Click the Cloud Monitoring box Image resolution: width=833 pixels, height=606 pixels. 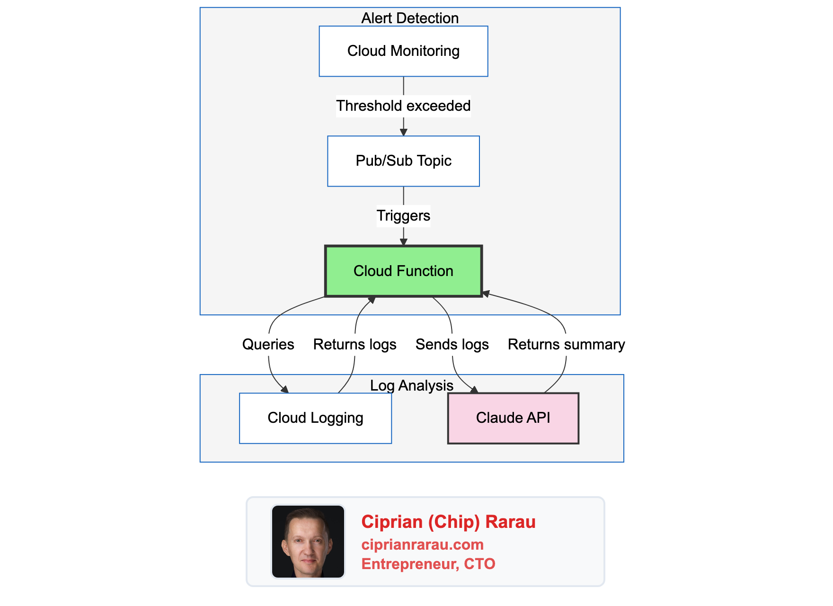(x=403, y=51)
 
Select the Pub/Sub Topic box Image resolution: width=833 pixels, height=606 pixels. (x=403, y=161)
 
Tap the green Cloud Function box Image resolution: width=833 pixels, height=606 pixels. (x=403, y=271)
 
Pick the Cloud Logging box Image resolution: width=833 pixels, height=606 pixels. (x=315, y=418)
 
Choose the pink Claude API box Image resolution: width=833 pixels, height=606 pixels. (x=513, y=418)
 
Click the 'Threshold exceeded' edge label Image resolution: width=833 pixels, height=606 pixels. (x=403, y=106)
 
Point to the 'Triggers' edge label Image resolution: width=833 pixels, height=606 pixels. (x=403, y=216)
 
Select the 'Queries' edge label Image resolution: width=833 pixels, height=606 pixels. (x=268, y=344)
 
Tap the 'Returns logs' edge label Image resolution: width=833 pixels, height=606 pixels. (x=354, y=344)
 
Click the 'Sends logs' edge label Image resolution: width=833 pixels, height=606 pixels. (x=452, y=344)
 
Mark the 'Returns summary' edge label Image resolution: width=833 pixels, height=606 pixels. (x=566, y=344)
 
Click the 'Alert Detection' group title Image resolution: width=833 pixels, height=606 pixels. (x=410, y=18)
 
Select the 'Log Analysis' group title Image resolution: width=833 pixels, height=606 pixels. (x=411, y=385)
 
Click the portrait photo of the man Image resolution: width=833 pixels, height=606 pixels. (x=308, y=542)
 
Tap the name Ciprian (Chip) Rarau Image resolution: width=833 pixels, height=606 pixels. (x=448, y=522)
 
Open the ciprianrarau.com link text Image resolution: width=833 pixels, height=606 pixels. (x=422, y=544)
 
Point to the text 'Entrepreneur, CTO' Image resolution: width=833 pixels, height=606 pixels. (x=428, y=564)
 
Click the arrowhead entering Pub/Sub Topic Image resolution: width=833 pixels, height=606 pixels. (x=403, y=133)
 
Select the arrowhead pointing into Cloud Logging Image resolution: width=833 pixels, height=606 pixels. (x=284, y=390)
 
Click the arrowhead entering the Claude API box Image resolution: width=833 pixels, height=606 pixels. (x=474, y=390)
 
